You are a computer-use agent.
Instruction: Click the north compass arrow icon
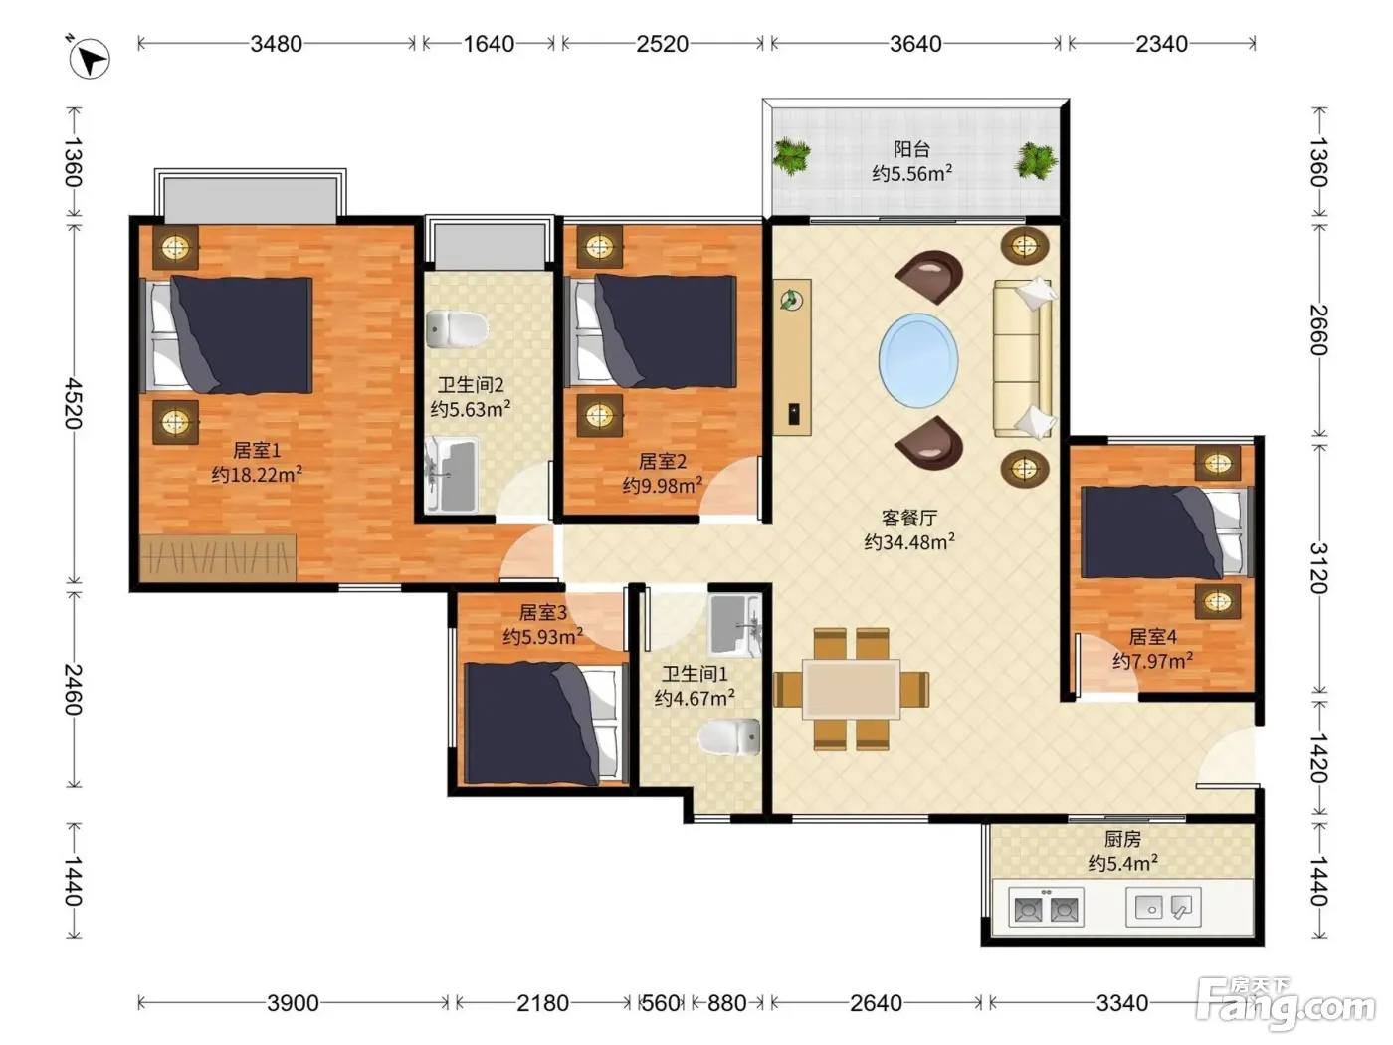point(90,59)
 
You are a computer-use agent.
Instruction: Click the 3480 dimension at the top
point(276,44)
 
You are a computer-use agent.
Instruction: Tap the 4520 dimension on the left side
point(74,403)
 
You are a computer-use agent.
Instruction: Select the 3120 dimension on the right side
point(1318,568)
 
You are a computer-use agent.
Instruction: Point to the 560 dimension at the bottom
point(661,1003)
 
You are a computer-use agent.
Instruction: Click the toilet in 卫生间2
point(457,329)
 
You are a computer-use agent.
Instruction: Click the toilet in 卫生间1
point(729,737)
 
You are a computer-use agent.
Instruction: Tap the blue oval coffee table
point(918,360)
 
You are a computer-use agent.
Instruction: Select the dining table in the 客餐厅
point(851,689)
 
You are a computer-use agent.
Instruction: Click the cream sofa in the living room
point(1023,358)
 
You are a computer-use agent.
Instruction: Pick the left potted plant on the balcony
point(791,155)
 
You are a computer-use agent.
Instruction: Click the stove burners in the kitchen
point(1046,908)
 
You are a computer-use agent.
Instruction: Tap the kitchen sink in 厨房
point(1163,907)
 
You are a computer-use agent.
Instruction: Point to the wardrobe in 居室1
point(218,557)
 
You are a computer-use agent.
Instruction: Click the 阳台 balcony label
point(912,149)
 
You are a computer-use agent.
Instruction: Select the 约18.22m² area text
point(257,474)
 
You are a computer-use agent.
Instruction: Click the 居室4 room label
point(1152,636)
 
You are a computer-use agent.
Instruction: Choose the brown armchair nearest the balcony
point(929,276)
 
